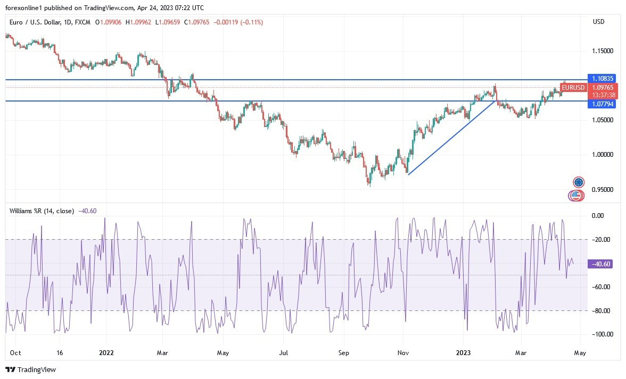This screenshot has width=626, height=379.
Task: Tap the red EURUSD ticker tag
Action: coord(573,88)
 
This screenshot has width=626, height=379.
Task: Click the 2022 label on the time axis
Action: coord(107,352)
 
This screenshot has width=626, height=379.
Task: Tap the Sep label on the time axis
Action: coord(343,352)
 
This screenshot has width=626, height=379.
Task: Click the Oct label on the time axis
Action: coord(15,352)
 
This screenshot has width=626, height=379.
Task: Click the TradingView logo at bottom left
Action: coord(30,369)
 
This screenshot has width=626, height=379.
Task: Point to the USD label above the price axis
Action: coord(598,22)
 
